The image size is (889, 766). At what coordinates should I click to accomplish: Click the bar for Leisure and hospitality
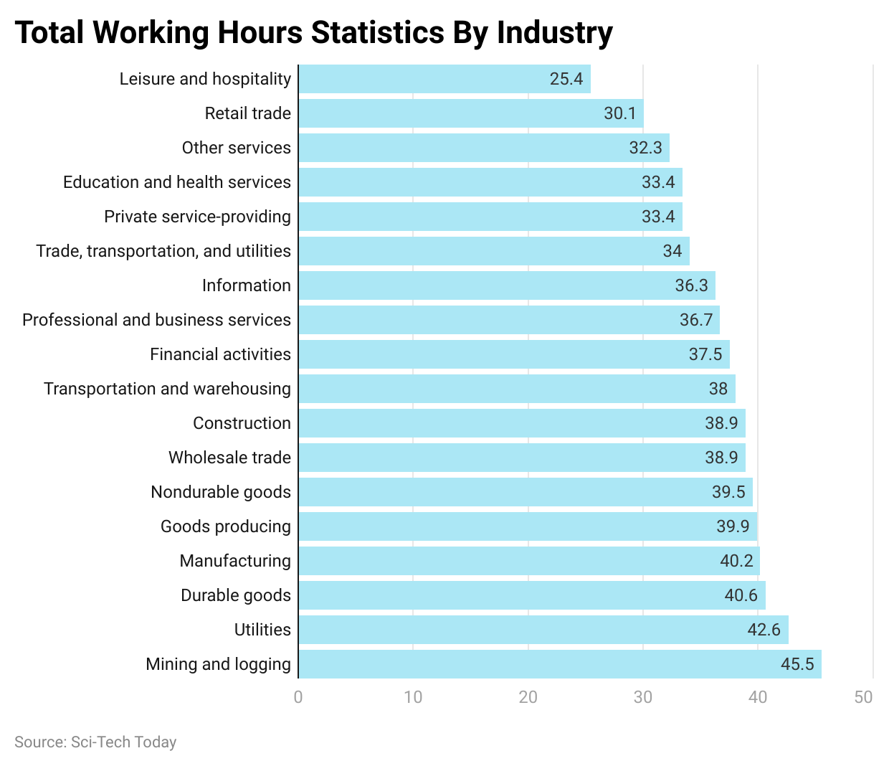click(444, 79)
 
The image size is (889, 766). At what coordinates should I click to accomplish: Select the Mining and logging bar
click(559, 664)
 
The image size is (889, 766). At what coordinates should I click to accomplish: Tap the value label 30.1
click(619, 113)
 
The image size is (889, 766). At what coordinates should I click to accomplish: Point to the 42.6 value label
click(764, 630)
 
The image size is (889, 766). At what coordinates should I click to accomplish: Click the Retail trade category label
click(247, 113)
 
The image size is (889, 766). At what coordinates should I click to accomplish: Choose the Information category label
click(246, 285)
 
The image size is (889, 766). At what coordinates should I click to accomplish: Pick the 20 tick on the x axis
click(528, 696)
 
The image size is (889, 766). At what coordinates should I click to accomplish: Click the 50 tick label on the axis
click(864, 696)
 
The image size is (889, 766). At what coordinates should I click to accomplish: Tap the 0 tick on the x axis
click(298, 696)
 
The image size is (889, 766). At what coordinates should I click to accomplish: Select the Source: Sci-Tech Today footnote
click(95, 742)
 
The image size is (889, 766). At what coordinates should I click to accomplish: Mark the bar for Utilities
click(543, 630)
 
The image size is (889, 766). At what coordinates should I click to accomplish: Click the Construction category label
click(242, 423)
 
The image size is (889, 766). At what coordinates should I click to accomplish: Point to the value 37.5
click(705, 354)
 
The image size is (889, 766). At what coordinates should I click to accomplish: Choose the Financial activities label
click(220, 354)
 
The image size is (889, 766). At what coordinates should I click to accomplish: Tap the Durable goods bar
click(531, 595)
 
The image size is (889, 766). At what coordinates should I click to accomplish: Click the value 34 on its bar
click(672, 251)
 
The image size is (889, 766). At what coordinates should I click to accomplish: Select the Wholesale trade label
click(229, 458)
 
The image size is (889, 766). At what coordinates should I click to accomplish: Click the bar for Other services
click(483, 148)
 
